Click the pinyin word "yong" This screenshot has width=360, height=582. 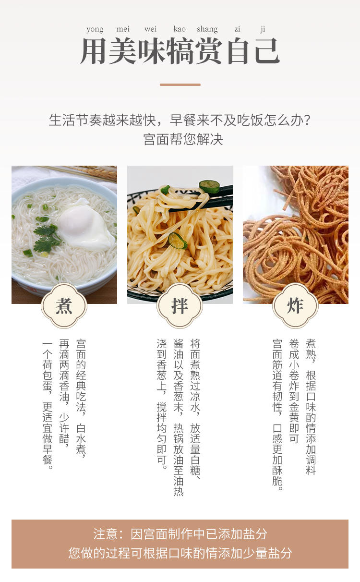point(95,29)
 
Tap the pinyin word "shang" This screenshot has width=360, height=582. point(207,29)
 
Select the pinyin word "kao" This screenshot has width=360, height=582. point(180,29)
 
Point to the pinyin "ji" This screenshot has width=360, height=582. point(263,29)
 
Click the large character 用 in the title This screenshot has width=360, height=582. point(94,51)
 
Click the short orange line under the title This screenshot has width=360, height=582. point(180,85)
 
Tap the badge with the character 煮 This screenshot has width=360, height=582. point(64,305)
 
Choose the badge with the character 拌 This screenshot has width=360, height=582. point(180,305)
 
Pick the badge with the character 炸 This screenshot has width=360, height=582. point(295,305)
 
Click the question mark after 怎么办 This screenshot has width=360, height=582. point(307,121)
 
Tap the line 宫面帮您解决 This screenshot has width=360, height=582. point(183,139)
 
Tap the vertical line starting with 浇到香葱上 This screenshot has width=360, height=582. point(162,404)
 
